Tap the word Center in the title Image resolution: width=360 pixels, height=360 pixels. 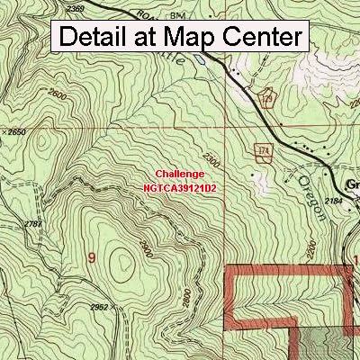click(257, 38)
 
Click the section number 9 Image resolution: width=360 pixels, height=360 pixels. click(91, 258)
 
